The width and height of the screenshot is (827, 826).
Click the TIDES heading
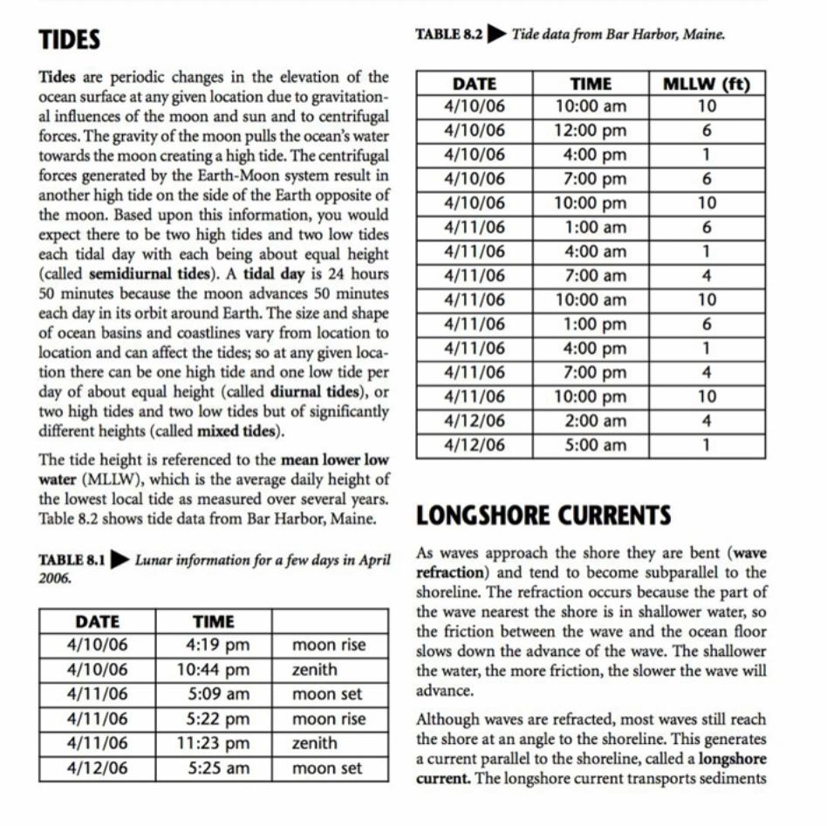point(69,40)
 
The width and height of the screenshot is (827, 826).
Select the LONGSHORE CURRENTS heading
point(543,515)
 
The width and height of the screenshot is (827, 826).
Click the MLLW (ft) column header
point(707,85)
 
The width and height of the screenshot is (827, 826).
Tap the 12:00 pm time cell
point(591,131)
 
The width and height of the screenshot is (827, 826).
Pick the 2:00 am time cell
point(591,420)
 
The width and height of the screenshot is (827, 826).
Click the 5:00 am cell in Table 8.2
point(591,445)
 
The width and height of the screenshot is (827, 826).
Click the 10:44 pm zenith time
point(213,671)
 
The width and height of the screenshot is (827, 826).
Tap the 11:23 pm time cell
point(213,744)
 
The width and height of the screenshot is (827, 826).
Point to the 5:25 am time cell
point(213,768)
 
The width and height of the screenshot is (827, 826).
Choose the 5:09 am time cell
point(213,695)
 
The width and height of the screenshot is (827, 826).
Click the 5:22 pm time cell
point(213,720)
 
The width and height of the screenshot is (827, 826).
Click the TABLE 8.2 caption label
point(448,35)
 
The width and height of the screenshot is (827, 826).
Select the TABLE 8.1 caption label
point(72,560)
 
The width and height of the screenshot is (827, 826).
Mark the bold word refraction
point(449,573)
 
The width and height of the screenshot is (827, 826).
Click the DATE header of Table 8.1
point(97,622)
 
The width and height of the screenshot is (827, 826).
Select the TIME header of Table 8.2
point(591,85)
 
